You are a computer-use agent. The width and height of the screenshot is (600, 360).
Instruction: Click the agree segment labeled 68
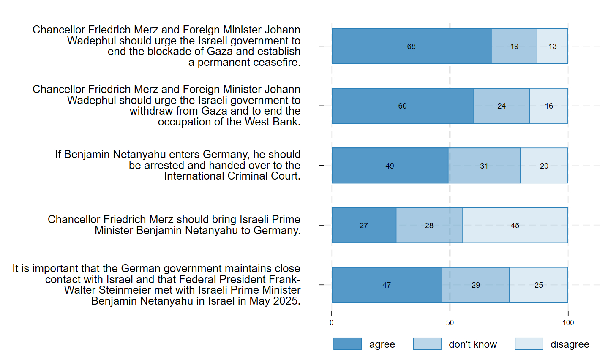point(412,46)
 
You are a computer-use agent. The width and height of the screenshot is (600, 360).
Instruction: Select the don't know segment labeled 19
point(514,46)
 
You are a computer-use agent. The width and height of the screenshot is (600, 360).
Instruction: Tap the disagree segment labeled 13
point(553,46)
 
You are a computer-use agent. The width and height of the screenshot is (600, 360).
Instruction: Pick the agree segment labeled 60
point(403,106)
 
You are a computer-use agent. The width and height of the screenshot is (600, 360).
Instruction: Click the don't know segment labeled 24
point(502,106)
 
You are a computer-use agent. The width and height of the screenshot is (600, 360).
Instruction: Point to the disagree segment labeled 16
point(549,106)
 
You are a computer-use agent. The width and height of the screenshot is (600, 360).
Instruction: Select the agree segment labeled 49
point(390,166)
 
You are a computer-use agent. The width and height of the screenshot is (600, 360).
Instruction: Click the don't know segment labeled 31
point(484,166)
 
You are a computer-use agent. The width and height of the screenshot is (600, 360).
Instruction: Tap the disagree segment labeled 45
point(515,225)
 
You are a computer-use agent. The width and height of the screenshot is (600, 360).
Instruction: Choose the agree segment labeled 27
point(364,225)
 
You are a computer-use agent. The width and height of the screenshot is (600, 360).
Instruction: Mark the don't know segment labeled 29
point(476,285)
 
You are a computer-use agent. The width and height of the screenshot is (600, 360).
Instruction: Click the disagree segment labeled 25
point(539,285)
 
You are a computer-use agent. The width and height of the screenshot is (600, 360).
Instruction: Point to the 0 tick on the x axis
point(332,322)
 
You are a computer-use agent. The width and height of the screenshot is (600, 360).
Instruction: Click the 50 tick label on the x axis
point(450,322)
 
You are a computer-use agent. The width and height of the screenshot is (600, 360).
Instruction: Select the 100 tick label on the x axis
point(568,322)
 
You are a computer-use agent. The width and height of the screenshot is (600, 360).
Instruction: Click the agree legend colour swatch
point(347,344)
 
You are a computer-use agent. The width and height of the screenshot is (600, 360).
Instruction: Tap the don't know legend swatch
point(427,344)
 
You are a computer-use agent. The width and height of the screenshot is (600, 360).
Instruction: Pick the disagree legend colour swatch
point(529,344)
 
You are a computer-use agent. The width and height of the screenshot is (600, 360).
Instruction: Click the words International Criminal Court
point(232,176)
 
